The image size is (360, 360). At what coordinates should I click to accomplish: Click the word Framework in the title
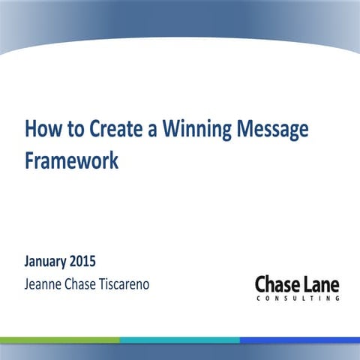click(x=71, y=160)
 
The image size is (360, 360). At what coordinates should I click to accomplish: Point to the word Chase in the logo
click(x=278, y=284)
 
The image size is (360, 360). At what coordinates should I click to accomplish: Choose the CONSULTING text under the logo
click(x=297, y=298)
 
